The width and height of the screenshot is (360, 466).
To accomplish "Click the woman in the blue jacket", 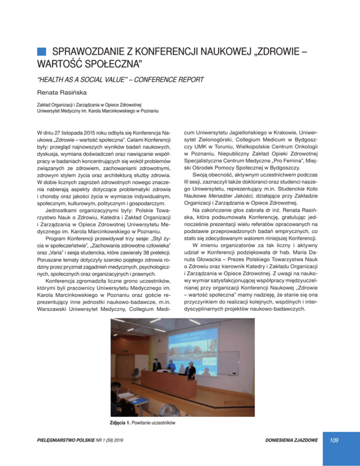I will [172, 364].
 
